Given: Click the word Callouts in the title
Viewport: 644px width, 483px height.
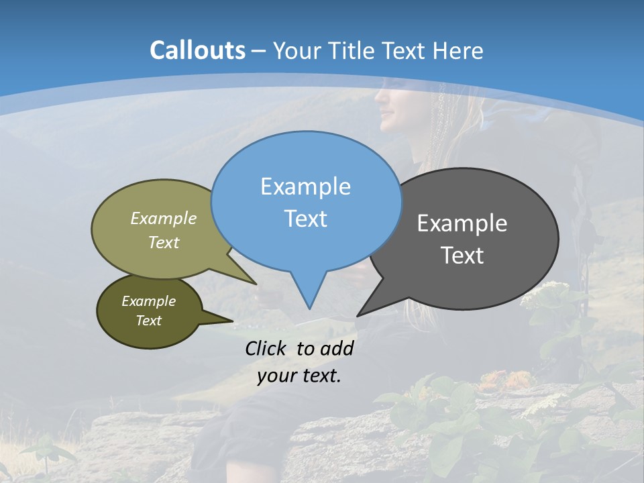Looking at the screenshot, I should [197, 50].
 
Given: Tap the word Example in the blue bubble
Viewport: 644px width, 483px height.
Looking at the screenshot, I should [305, 186].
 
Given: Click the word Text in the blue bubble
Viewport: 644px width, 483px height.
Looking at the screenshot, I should [305, 219].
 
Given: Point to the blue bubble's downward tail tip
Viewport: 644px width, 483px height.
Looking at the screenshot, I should [309, 308].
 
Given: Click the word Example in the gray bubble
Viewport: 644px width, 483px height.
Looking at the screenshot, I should [462, 223].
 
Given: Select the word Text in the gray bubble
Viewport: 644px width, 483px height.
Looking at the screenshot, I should [462, 256].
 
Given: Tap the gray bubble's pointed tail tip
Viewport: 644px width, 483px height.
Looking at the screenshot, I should [358, 315].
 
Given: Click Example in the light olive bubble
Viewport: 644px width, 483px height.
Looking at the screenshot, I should [164, 219].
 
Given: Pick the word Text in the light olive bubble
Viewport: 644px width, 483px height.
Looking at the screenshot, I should [164, 243].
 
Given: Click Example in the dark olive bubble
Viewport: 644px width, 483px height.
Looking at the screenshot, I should [148, 301].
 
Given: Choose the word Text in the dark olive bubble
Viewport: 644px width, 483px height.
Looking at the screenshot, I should [148, 321].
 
